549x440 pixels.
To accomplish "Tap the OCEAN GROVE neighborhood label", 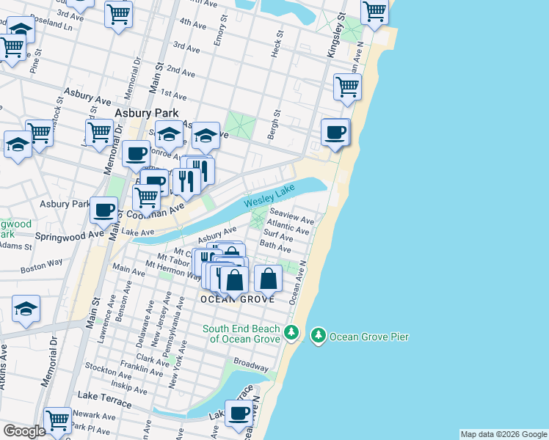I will (x=237, y=299).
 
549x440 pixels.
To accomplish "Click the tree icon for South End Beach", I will (x=291, y=334).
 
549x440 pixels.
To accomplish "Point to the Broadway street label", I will (x=251, y=363).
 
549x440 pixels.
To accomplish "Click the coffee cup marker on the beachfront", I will (x=335, y=133).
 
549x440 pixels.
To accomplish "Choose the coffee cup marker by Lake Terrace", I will (x=239, y=414).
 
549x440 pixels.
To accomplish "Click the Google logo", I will (x=25, y=431).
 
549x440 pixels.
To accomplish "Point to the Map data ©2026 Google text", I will (x=503, y=434).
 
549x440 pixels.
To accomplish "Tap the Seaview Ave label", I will (x=297, y=219).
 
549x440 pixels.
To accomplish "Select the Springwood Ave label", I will (x=70, y=235).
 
